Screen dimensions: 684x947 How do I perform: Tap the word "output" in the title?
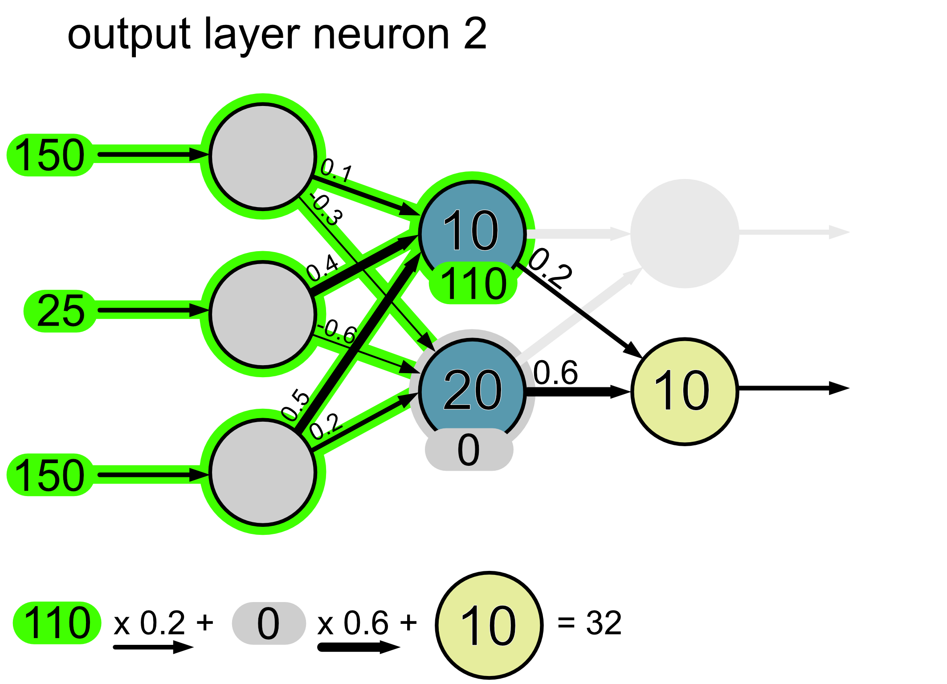pos(129,36)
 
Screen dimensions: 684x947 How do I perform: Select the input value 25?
pos(61,311)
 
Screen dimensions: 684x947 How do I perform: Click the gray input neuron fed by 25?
pos(263,314)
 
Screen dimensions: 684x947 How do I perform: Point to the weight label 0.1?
pos(336,171)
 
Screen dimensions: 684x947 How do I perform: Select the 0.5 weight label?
pos(295,404)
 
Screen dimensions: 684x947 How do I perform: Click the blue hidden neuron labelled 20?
pos(472,390)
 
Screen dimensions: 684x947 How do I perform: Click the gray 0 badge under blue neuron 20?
pos(469,450)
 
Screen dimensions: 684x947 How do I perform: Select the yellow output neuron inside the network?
pos(684,391)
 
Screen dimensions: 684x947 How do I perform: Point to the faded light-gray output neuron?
pos(685,233)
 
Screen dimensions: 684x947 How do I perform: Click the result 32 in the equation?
pos(604,623)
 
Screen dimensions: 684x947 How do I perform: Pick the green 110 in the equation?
pos(57,623)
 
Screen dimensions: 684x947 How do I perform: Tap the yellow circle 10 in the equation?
pos(489,625)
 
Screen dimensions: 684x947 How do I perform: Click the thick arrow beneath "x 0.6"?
pos(359,647)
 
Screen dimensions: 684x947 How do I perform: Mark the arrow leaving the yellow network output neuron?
pos(793,388)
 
